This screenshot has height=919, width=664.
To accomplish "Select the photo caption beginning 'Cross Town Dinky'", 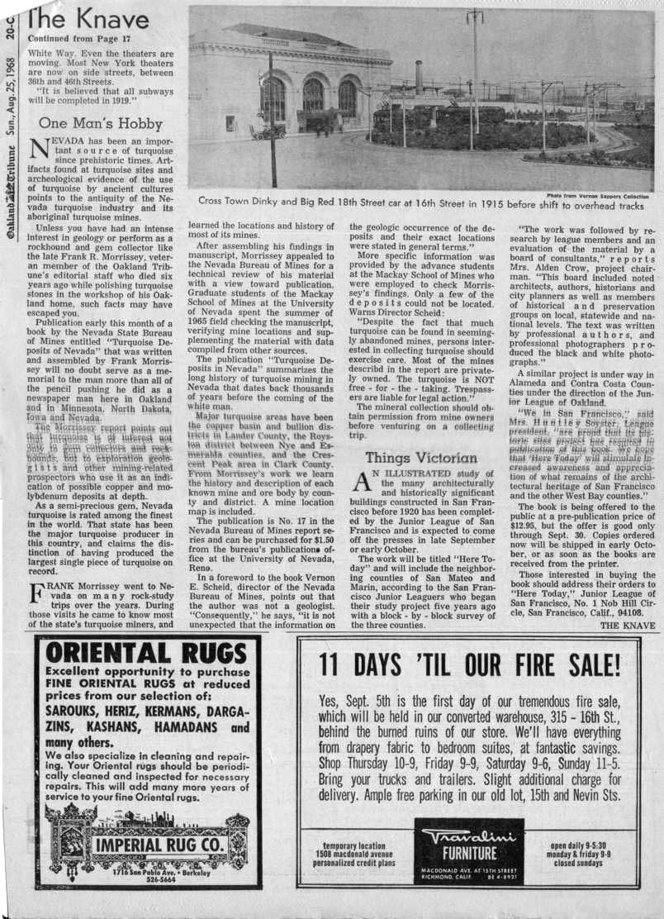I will (x=421, y=201).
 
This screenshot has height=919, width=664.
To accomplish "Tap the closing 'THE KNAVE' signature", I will (x=627, y=626).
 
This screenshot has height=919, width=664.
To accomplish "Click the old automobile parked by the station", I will (x=269, y=132).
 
